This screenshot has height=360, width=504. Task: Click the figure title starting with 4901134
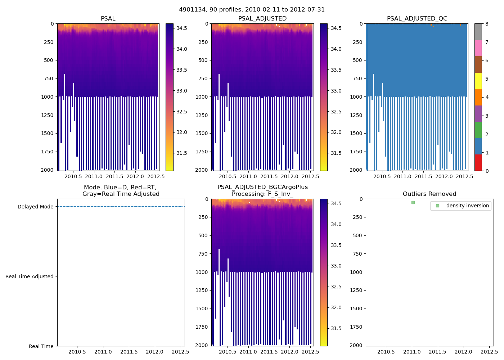coord(252,10)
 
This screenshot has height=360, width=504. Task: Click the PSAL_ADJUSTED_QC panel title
coord(417,19)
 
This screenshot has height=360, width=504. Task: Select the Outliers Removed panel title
coord(429,194)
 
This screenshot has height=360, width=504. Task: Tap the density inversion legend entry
coord(467,206)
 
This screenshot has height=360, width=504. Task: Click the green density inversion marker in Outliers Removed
coord(413,202)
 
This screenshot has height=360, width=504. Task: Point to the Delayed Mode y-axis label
coord(35,207)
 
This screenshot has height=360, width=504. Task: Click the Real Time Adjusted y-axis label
coord(29,276)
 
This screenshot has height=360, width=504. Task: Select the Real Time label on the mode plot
coord(41,346)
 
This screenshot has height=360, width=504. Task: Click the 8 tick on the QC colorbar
coord(487,24)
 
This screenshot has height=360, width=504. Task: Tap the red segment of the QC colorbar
coord(478,163)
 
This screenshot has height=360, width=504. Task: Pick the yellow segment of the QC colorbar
coord(478,81)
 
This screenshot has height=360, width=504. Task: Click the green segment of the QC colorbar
coord(478,130)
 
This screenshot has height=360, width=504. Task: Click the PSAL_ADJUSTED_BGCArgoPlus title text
coord(262,187)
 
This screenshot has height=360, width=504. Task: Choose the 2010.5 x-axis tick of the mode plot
coord(77,352)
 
